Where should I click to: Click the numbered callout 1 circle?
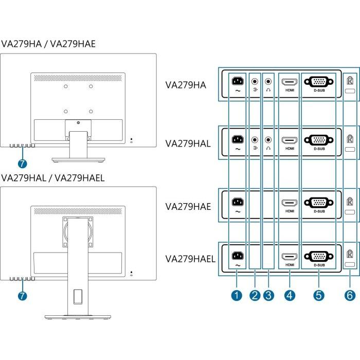237,295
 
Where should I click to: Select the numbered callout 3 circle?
268,295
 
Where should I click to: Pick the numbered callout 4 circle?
290,295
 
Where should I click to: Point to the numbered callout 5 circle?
319,295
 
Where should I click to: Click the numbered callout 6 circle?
350,295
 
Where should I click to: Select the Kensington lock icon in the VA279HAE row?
350,203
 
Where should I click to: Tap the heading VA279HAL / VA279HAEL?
53,178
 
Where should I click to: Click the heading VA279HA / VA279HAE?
48,44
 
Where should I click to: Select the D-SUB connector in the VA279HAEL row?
319,256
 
